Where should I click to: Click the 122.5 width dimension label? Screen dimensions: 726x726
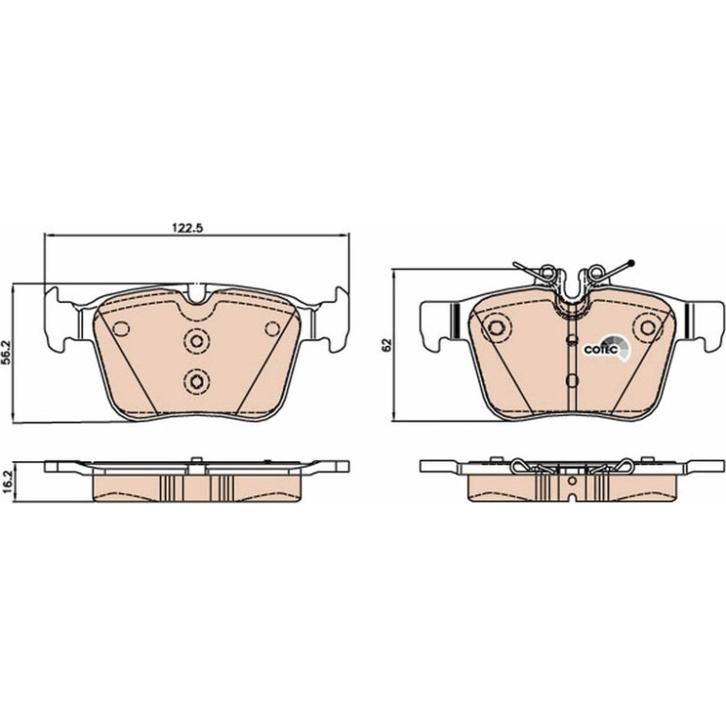point(188,228)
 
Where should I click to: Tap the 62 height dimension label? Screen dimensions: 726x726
point(388,344)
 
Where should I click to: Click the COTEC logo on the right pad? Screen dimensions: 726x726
point(606,348)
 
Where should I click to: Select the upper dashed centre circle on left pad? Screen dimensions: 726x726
point(197,341)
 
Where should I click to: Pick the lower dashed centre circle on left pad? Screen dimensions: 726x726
point(197,382)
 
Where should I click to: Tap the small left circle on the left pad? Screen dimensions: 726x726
point(122,329)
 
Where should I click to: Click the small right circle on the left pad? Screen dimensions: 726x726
point(272,329)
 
